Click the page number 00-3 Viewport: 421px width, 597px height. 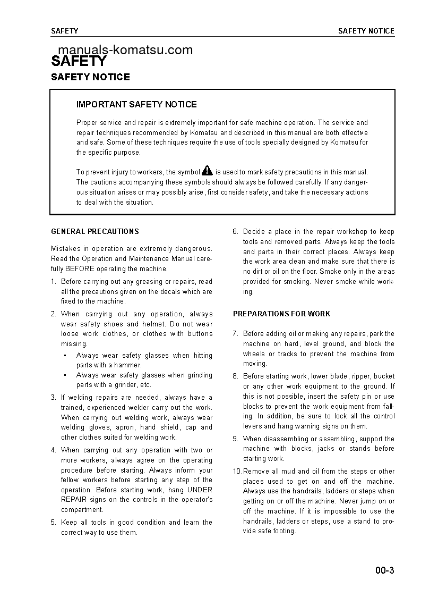pyautogui.click(x=384, y=571)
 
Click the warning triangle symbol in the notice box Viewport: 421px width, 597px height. pyautogui.click(x=208, y=170)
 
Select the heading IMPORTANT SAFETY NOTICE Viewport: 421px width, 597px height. pyautogui.click(x=136, y=104)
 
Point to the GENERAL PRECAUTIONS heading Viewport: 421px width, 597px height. pyautogui.click(x=95, y=231)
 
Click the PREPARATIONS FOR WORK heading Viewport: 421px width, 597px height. pyautogui.click(x=281, y=314)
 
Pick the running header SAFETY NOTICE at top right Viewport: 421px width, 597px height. pyautogui.click(x=366, y=31)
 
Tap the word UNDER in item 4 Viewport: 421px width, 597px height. pyautogui.click(x=200, y=490)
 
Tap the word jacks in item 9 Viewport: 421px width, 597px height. pyautogui.click(x=334, y=449)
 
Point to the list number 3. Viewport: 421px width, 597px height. pyautogui.click(x=53, y=397)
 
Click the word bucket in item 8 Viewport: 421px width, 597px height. pyautogui.click(x=384, y=376)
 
